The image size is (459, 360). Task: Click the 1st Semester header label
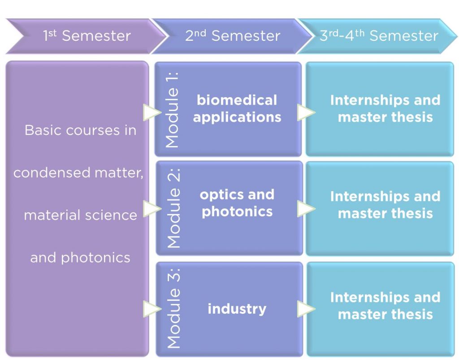(87, 36)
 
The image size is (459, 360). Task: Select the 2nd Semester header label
(233, 36)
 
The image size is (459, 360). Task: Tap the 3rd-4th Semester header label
(379, 36)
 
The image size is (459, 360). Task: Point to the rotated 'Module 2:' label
(173, 208)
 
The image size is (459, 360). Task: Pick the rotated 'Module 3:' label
(173, 308)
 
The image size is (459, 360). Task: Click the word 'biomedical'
(237, 100)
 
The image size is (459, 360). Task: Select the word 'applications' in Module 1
(237, 118)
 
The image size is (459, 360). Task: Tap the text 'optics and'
(237, 194)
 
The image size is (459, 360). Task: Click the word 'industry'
(237, 309)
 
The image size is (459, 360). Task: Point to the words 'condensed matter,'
(78, 172)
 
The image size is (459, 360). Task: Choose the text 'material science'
(81, 215)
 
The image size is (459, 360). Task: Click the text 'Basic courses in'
(81, 130)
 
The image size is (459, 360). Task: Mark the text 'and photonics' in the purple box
(80, 258)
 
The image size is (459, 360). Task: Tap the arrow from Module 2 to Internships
(306, 209)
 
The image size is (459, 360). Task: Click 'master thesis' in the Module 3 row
(385, 314)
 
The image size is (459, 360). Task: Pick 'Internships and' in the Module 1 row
(385, 100)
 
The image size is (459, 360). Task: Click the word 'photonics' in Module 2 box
(237, 212)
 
